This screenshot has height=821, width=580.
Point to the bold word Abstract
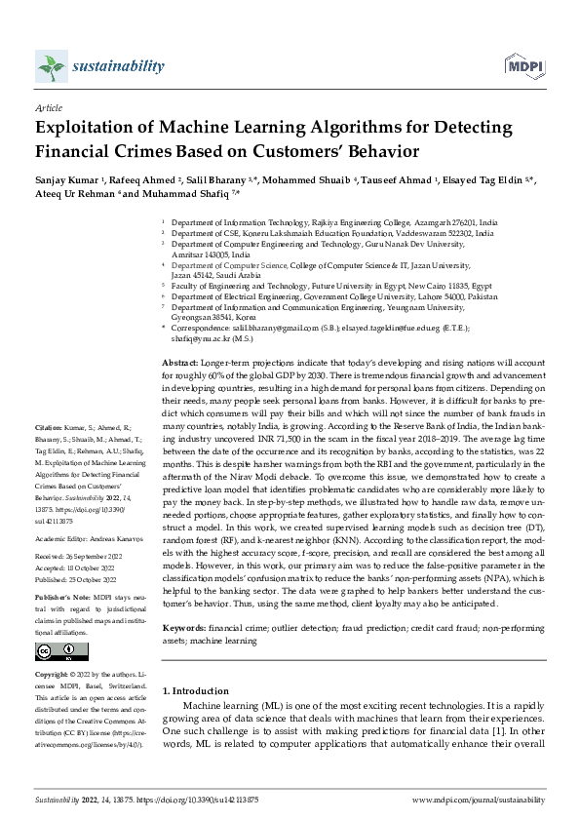(x=181, y=362)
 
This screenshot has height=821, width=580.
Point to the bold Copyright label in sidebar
(x=55, y=675)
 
